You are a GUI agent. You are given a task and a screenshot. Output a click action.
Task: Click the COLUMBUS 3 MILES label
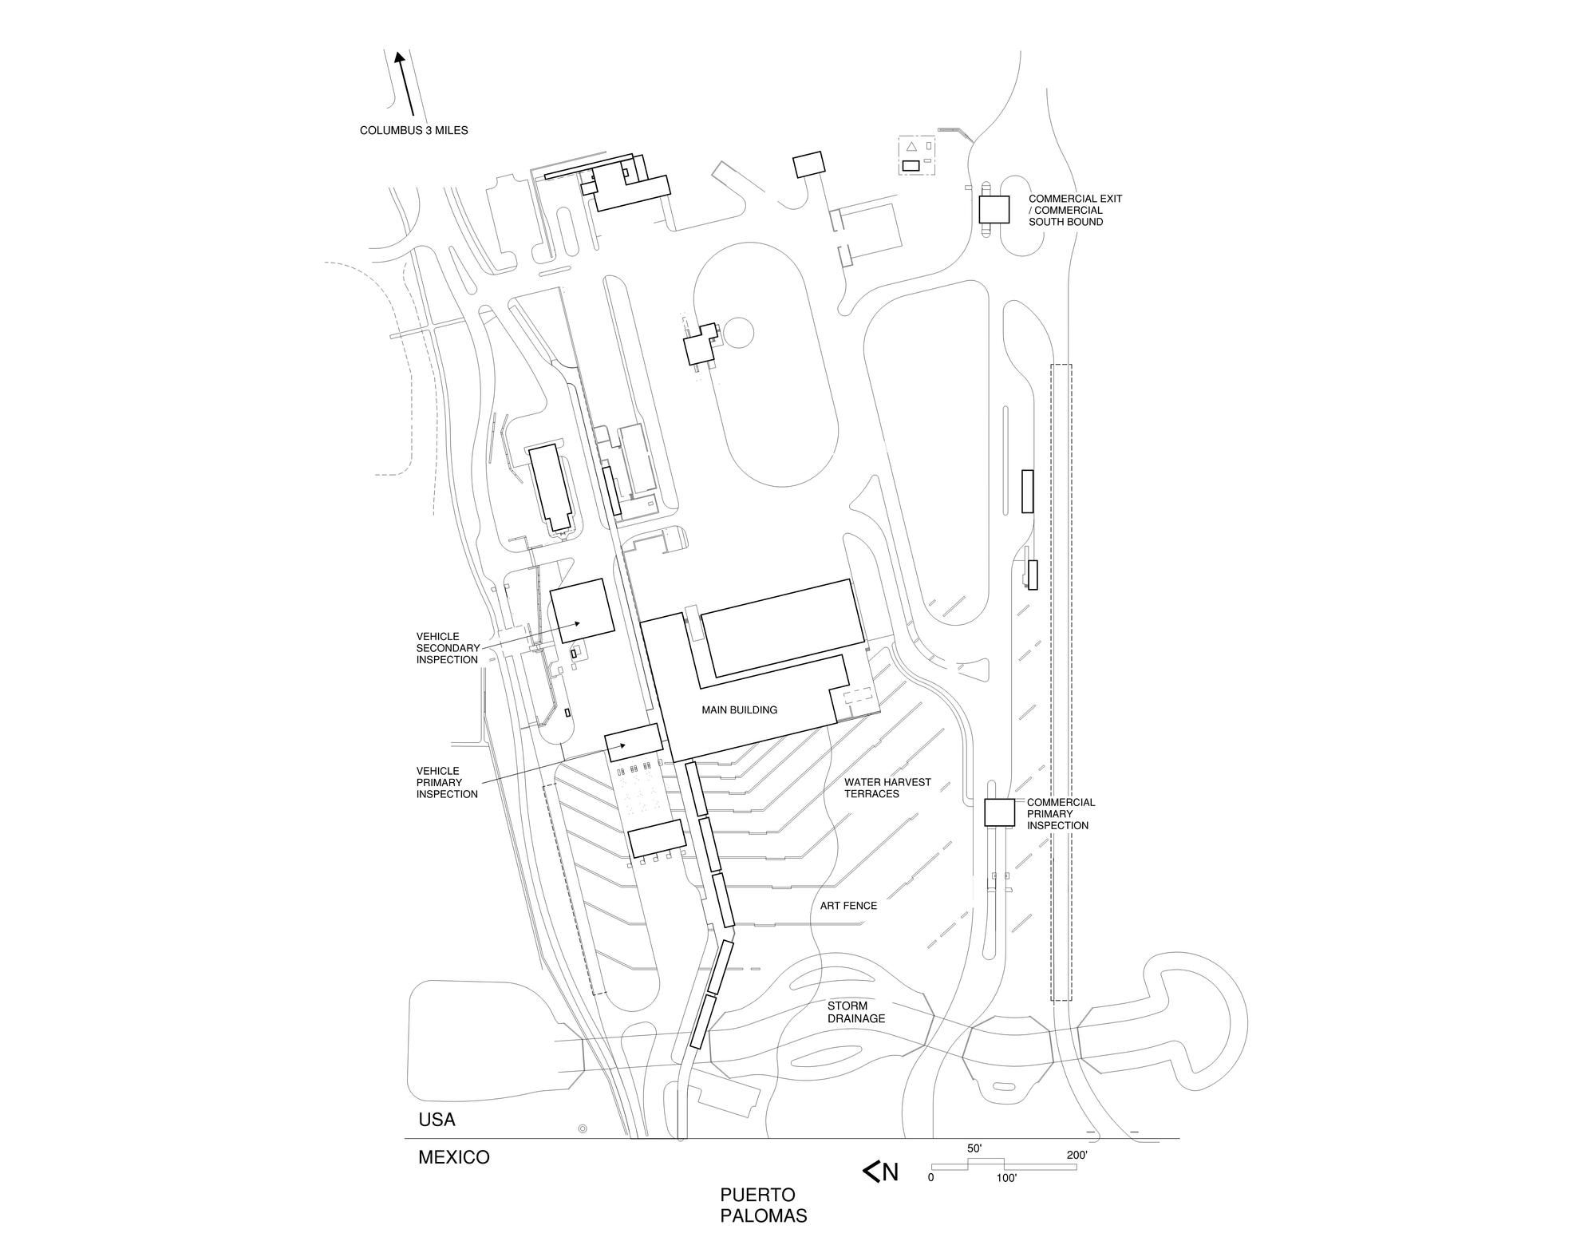[413, 130]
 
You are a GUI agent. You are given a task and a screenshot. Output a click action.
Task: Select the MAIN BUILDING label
[739, 709]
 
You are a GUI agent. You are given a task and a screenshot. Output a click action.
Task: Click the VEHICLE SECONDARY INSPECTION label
[448, 648]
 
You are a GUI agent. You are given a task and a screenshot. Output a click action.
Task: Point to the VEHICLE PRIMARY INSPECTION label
[447, 782]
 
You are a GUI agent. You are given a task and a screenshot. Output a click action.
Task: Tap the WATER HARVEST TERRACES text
[887, 788]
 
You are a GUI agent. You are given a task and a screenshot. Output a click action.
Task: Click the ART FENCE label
[848, 906]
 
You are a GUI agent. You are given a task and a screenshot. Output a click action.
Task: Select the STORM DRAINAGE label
[856, 1012]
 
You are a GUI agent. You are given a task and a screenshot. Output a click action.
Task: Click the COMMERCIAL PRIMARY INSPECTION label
[1061, 813]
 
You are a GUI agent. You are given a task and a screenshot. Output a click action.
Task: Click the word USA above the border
[437, 1120]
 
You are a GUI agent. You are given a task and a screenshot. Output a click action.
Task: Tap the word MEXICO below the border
[454, 1157]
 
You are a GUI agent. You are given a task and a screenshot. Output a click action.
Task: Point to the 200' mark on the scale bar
[1077, 1155]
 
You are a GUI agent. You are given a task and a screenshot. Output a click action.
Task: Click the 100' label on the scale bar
[1005, 1178]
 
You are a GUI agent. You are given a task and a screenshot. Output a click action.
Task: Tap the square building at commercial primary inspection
[998, 812]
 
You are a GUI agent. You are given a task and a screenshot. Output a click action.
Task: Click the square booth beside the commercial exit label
[994, 209]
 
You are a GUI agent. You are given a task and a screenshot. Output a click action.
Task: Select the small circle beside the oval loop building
[737, 332]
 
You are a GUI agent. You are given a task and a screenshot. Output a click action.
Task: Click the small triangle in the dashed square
[911, 147]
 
